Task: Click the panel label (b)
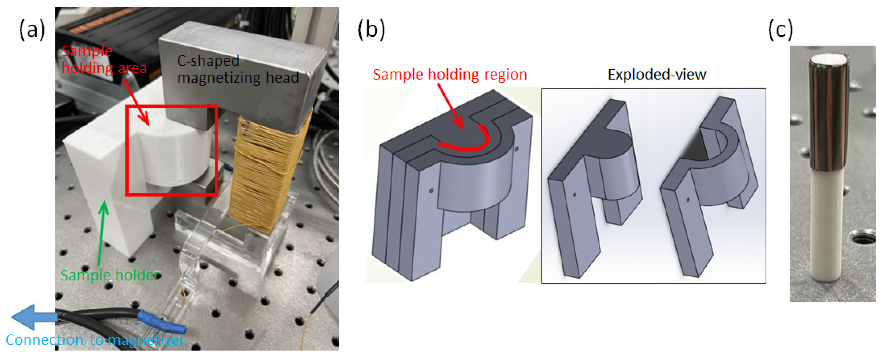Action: point(371,30)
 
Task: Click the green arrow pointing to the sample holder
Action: point(102,233)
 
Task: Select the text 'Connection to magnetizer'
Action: point(95,340)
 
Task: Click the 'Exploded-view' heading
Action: point(657,75)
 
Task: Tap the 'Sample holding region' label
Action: point(450,75)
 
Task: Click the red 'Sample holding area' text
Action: point(104,60)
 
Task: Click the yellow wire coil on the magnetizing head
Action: point(266,172)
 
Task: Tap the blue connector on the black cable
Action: point(161,321)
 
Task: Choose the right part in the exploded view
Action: point(707,185)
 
